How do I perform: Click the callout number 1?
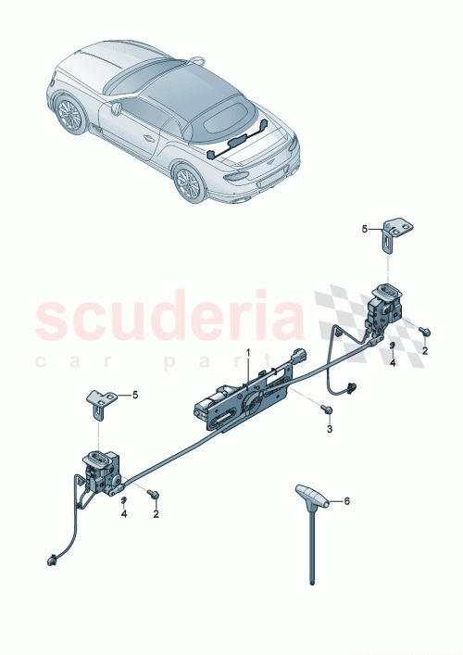pos(248,353)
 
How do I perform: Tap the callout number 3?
pos(330,429)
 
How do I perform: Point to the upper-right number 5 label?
pos(365,228)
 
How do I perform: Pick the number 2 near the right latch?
pos(425,352)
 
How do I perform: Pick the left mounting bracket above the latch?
pos(99,399)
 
